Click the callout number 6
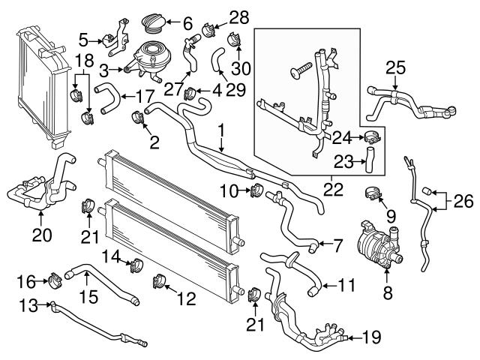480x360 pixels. tap(187, 22)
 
